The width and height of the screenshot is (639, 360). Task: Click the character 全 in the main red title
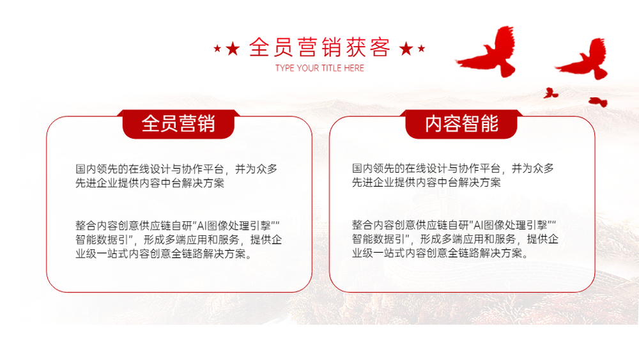259,47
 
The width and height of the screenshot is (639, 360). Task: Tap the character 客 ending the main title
380,47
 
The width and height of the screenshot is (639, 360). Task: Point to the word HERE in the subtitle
354,68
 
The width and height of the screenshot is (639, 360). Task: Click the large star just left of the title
233,49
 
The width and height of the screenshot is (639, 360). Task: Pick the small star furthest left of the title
217,49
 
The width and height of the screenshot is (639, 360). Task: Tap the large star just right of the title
406,49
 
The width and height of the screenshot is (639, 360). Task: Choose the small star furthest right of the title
421,49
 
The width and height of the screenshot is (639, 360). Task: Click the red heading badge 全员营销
178,124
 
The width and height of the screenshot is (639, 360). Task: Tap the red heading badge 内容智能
461,124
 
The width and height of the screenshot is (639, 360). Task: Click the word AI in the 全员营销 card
202,226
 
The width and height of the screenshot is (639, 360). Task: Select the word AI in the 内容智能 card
479,224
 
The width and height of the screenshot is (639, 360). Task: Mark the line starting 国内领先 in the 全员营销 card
176,169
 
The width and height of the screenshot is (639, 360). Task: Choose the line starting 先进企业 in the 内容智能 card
426,182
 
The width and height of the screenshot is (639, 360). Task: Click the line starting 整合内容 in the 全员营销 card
178,226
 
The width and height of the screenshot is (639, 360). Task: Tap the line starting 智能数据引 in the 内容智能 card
455,239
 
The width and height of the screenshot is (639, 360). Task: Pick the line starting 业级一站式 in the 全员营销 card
164,254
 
